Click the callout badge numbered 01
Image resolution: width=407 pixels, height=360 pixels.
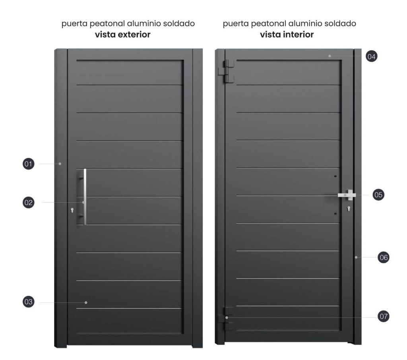[29, 164]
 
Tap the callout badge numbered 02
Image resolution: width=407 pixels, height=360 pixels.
[29, 203]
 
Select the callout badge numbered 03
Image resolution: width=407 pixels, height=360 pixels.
[29, 302]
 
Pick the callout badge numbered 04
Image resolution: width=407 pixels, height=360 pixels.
[372, 56]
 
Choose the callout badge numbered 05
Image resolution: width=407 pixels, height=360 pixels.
[378, 195]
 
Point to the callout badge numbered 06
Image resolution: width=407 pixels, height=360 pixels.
[384, 257]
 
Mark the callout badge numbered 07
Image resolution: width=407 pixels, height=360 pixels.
[384, 316]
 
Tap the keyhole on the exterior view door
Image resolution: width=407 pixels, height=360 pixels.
[72, 210]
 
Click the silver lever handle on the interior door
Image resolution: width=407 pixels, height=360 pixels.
[347, 195]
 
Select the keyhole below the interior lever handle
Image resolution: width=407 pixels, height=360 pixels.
[349, 209]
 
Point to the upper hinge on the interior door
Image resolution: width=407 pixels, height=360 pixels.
[226, 72]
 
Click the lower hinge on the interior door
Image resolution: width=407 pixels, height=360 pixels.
[226, 319]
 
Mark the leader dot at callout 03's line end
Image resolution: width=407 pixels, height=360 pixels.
[86, 303]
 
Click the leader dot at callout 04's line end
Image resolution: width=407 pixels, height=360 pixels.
[329, 56]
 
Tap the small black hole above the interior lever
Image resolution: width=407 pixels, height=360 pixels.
[335, 176]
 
